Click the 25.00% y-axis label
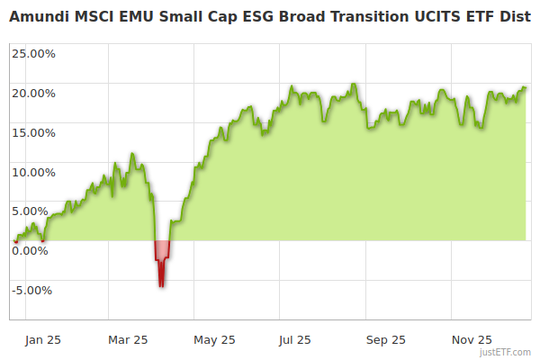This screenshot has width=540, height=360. (33, 53)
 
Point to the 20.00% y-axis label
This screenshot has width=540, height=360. (33, 93)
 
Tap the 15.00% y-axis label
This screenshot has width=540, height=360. (33, 132)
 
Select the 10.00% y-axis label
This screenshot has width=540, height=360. (33, 172)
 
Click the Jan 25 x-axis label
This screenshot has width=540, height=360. (42, 340)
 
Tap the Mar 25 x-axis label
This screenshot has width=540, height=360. (127, 340)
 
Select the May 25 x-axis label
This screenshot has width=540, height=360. (213, 340)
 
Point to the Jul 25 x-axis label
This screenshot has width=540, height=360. (294, 340)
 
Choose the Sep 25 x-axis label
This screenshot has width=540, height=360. (385, 340)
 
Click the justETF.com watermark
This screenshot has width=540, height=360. (506, 353)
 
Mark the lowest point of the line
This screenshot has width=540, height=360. (161, 286)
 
